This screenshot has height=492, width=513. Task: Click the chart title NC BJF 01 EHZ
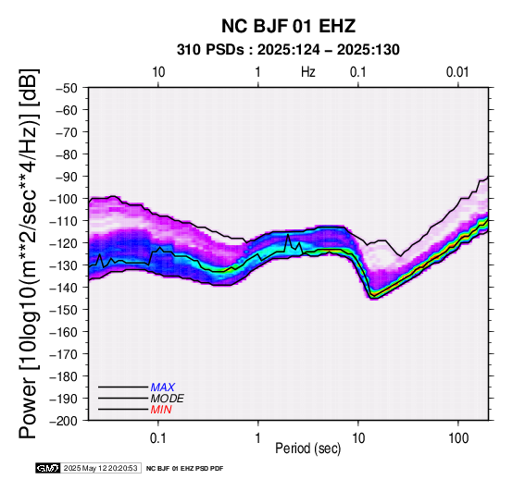(x=288, y=26)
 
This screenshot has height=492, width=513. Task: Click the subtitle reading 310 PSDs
(x=210, y=50)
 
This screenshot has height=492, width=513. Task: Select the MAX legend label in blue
(x=163, y=387)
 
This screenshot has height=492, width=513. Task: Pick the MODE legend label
(x=168, y=399)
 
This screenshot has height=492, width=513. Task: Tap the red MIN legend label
(x=161, y=410)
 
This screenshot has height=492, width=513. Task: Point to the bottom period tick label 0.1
(x=158, y=438)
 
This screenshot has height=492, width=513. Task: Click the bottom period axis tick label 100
(x=458, y=438)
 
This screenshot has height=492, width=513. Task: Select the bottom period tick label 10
(x=358, y=438)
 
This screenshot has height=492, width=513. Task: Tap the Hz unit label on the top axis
(x=308, y=72)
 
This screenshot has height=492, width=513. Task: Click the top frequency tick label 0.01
(x=457, y=72)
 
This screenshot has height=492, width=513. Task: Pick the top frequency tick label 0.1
(x=357, y=72)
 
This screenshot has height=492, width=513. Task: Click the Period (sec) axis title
(x=307, y=449)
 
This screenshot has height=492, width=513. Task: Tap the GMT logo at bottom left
(x=48, y=468)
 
